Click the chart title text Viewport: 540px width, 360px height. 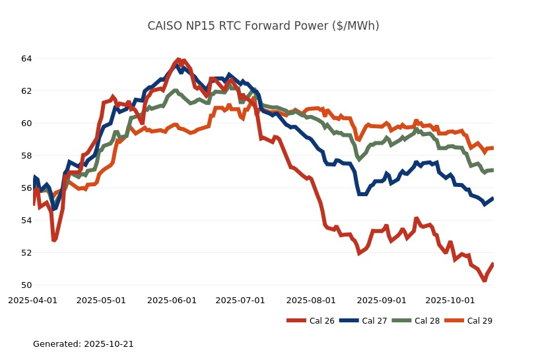tap(263, 26)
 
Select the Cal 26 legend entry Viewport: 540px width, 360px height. tap(310, 321)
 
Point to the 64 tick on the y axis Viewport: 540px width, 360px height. tap(26, 59)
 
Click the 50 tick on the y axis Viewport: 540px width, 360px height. tap(26, 285)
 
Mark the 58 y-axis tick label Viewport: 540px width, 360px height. tap(26, 156)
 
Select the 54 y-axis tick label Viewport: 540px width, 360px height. tap(26, 221)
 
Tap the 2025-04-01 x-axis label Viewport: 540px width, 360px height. tap(33, 301)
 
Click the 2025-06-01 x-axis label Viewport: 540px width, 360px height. tap(172, 301)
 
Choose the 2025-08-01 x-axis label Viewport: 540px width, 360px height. tap(310, 301)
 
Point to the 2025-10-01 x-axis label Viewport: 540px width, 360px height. tap(450, 301)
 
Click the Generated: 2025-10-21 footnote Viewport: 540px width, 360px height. tap(83, 344)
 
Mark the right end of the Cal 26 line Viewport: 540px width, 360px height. tap(493, 264)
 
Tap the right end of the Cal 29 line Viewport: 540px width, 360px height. tap(493, 148)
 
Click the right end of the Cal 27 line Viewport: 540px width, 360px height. tap(493, 198)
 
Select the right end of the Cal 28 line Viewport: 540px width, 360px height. tap(493, 170)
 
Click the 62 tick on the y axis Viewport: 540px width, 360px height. tap(26, 91)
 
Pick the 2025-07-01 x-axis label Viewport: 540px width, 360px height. tap(240, 301)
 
